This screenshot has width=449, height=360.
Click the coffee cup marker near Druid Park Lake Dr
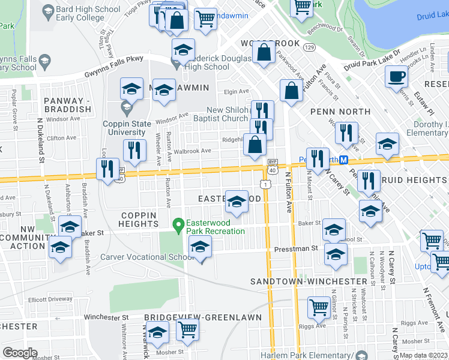coord(396,77)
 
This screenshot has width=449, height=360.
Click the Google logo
coord(20,353)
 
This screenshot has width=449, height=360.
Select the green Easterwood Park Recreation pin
coord(178,226)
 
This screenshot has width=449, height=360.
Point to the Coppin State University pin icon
coord(126,108)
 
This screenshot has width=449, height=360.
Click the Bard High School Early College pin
coord(47,11)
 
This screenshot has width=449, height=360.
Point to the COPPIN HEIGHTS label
coord(139,220)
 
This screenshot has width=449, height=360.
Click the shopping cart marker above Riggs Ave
coord(318,307)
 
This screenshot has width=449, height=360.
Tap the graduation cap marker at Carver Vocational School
coord(200,246)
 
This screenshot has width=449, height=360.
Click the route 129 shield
coord(309,47)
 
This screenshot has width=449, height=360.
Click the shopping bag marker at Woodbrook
coord(264,53)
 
